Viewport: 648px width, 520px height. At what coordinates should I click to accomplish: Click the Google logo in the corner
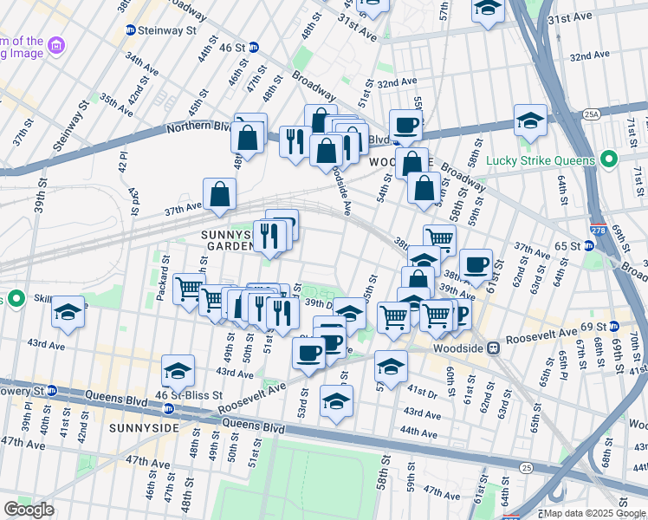[29, 510]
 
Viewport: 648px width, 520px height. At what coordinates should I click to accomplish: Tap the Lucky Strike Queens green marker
[608, 160]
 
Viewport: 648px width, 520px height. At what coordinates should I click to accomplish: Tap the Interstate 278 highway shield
[596, 231]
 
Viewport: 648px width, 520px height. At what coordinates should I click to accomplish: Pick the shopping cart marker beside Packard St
[189, 288]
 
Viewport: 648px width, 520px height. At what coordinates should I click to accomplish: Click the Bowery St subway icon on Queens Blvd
[51, 391]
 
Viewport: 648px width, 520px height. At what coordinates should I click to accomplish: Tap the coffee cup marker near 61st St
[475, 264]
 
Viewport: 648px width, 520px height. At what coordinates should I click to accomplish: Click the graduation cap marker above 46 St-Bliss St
[178, 370]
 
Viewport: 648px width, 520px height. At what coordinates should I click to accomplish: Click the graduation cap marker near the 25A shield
[530, 120]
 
